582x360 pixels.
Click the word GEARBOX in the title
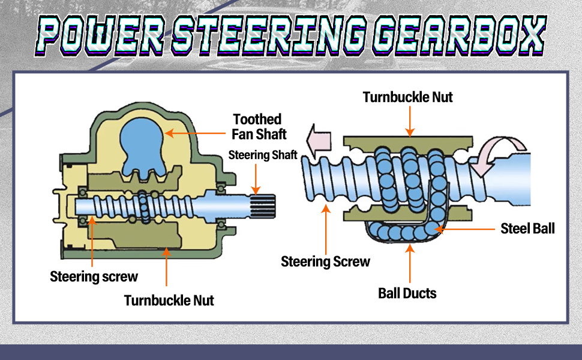pyautogui.click(x=460, y=35)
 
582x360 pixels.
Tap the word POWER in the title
pyautogui.click(x=101, y=35)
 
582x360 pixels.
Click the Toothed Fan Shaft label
pyautogui.click(x=259, y=127)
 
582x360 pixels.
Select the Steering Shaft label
pyautogui.click(x=263, y=155)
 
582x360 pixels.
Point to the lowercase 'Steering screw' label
pyautogui.click(x=94, y=277)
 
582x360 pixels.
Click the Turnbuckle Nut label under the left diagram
pyautogui.click(x=169, y=300)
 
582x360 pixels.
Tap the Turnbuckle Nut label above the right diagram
pyautogui.click(x=407, y=97)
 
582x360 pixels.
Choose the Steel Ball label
pyautogui.click(x=527, y=229)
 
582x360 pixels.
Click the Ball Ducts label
pyautogui.click(x=407, y=293)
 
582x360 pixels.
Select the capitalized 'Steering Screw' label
pyautogui.click(x=325, y=262)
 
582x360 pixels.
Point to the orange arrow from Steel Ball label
pyautogui.click(x=465, y=229)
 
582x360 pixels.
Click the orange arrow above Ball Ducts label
pyautogui.click(x=410, y=263)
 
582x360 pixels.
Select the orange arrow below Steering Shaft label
pyautogui.click(x=256, y=179)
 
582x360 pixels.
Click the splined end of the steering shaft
pyautogui.click(x=263, y=206)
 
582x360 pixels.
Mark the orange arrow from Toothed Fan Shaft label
pyautogui.click(x=195, y=133)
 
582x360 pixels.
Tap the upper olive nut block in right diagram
pyautogui.click(x=408, y=142)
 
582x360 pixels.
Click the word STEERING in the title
pyautogui.click(x=269, y=35)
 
